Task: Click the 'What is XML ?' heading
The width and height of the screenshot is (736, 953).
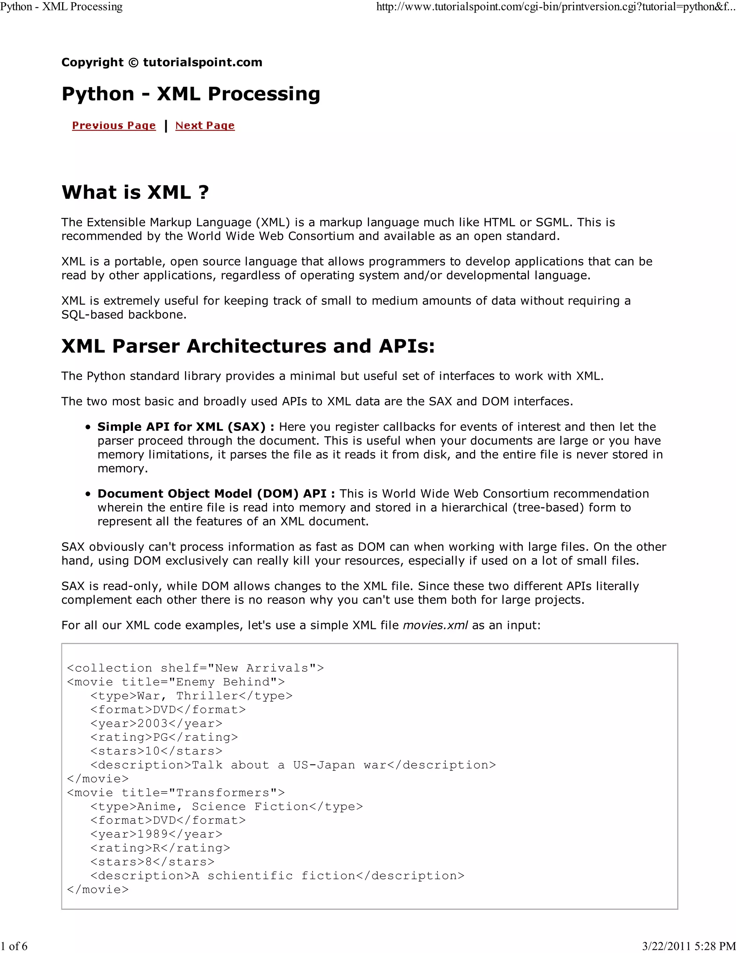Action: pos(135,192)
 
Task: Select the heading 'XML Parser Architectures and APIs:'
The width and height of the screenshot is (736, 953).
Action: pos(248,346)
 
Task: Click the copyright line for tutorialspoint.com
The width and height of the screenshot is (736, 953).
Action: pos(162,63)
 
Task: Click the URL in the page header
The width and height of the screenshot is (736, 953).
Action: pos(556,7)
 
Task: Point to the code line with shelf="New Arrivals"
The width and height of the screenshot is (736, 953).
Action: pos(195,668)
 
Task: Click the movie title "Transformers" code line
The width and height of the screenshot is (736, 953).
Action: pos(176,793)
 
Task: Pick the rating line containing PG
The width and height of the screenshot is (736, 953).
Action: pos(164,738)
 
